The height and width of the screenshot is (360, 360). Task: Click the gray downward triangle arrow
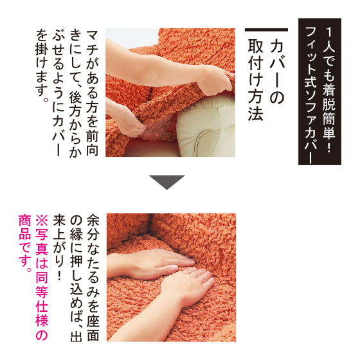167,182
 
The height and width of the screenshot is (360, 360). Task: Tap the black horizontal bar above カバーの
266,30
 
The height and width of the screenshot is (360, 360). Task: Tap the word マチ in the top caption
93,44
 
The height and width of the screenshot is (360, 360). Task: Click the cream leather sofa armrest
206,125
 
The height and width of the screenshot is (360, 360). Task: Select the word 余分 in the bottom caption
93,227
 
